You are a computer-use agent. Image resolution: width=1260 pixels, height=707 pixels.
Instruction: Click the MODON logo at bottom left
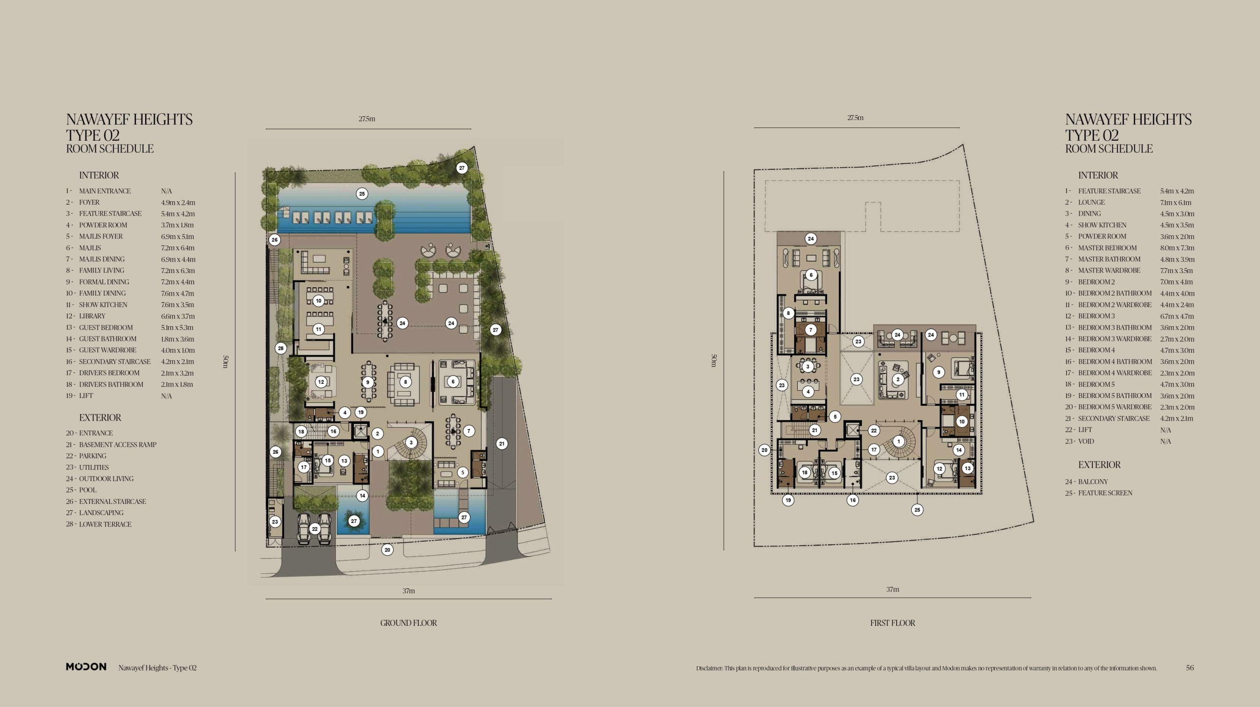tap(86, 667)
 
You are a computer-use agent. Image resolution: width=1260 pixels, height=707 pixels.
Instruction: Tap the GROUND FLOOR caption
tap(409, 623)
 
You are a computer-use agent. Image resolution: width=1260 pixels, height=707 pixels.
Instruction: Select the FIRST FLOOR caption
tap(892, 623)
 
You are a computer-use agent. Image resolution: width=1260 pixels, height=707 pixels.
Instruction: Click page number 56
tap(1190, 668)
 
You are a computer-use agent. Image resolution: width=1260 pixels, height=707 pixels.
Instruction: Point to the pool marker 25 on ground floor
tap(362, 194)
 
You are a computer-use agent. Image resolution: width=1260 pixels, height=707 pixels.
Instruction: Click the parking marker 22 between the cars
tap(315, 529)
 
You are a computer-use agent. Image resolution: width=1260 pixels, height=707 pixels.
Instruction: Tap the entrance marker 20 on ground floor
tap(387, 550)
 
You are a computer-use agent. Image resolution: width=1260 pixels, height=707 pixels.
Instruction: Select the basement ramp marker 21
tap(502, 444)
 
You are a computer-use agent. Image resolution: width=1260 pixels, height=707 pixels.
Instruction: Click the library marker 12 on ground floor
tap(321, 382)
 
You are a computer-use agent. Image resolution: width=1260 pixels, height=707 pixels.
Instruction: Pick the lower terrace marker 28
tap(281, 348)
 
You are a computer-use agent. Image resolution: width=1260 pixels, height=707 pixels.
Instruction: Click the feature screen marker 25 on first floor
tap(917, 510)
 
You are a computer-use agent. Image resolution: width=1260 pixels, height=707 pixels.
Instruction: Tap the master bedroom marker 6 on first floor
tap(811, 275)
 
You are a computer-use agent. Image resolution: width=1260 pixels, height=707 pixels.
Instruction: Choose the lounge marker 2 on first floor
tap(898, 379)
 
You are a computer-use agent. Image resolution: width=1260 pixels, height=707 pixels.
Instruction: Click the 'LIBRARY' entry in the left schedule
tap(92, 316)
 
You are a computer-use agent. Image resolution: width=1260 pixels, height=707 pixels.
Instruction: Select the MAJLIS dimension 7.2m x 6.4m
tap(178, 248)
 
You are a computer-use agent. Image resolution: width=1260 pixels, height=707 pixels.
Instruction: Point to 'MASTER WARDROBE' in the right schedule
tap(1109, 271)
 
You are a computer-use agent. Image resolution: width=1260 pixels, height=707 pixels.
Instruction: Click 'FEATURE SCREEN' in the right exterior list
tap(1105, 493)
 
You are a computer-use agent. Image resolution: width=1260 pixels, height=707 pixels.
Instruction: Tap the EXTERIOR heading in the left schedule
tap(100, 418)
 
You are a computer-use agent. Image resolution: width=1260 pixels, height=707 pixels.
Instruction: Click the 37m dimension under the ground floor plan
tap(409, 591)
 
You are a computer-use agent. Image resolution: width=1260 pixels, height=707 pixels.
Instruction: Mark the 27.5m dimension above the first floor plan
tap(855, 118)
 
